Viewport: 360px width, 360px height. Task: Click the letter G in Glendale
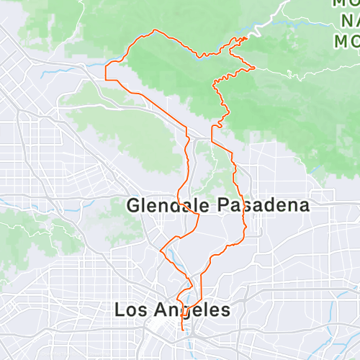[x=133, y=205]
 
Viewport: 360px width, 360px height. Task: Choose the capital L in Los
[x=120, y=310]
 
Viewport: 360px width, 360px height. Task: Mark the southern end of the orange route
[x=181, y=330]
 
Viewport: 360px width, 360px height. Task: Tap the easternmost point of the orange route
[x=255, y=67]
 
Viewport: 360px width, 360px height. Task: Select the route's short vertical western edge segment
[x=106, y=72]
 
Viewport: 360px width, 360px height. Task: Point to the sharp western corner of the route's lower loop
[x=160, y=251]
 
